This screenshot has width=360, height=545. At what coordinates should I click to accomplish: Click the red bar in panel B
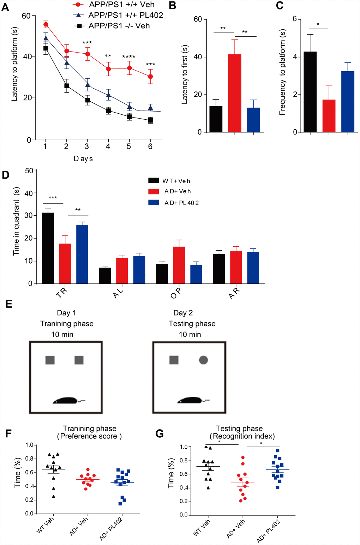click(x=235, y=94)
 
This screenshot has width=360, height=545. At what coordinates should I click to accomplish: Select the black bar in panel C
click(x=310, y=92)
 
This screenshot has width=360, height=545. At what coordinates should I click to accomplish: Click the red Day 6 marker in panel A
click(x=150, y=77)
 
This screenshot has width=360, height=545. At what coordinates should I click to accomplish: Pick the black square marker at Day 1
click(x=46, y=48)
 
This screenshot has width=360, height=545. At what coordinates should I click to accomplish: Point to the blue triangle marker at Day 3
click(x=87, y=84)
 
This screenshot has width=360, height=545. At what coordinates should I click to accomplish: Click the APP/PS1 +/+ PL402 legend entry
click(x=118, y=15)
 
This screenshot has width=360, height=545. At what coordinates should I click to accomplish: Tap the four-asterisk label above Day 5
click(x=129, y=57)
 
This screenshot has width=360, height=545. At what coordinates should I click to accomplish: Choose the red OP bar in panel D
click(x=179, y=265)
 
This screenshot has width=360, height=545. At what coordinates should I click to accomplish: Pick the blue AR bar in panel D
click(x=253, y=268)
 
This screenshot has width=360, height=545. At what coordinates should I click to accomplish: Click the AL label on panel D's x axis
click(x=118, y=293)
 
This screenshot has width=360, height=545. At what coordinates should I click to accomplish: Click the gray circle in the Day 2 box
click(x=203, y=360)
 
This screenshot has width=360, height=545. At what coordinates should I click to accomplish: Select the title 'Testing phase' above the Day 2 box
click(x=192, y=324)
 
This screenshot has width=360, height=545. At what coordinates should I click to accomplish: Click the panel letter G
click(x=160, y=433)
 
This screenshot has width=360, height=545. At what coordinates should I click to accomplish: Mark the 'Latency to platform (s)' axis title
click(x=14, y=65)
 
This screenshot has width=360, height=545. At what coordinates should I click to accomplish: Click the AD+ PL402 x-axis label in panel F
click(x=111, y=528)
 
